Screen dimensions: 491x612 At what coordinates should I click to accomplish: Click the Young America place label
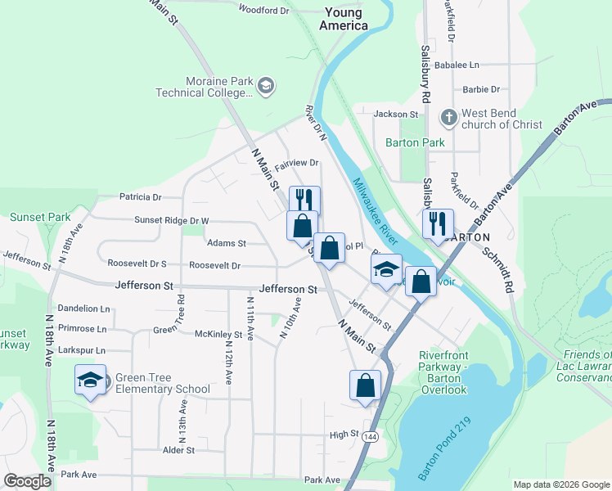coord(344,19)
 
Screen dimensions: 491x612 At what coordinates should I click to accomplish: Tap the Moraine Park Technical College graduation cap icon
coord(266,85)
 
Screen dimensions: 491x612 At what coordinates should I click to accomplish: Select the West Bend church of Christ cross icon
coord(448,118)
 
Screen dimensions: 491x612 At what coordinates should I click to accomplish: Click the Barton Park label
coord(415,142)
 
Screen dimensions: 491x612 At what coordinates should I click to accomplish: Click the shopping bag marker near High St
coord(365,385)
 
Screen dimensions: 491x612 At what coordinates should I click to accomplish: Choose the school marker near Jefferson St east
coord(386,269)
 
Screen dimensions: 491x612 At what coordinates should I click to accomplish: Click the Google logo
coord(28,481)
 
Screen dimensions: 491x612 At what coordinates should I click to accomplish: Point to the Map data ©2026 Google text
coord(561,484)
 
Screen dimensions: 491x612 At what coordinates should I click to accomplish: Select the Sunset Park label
coord(40,218)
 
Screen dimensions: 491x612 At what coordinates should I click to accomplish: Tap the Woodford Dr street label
coord(264,10)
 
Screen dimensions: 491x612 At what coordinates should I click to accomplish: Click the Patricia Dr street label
coord(140,197)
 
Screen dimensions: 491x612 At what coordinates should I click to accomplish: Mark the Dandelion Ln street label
coord(82,309)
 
